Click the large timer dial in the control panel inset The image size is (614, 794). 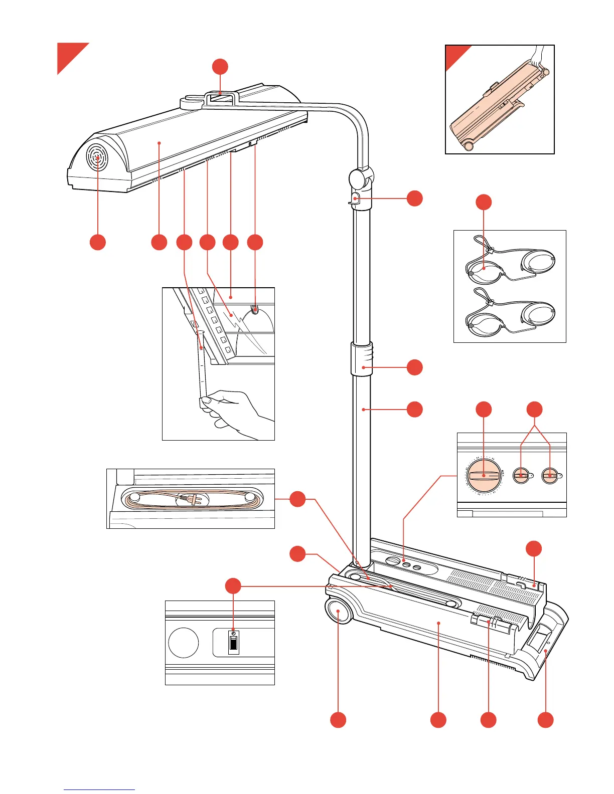tap(484, 475)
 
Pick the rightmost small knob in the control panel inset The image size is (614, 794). tap(550, 475)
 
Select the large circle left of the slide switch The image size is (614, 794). tap(184, 643)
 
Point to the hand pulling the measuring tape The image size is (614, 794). tap(231, 406)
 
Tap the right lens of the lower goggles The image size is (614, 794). tap(538, 313)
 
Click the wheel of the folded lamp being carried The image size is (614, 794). tap(469, 145)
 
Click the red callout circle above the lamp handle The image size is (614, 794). tap(220, 67)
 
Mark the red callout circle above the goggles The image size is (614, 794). tap(484, 203)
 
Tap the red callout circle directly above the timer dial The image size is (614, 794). tap(484, 409)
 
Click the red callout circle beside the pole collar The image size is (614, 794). tap(414, 367)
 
